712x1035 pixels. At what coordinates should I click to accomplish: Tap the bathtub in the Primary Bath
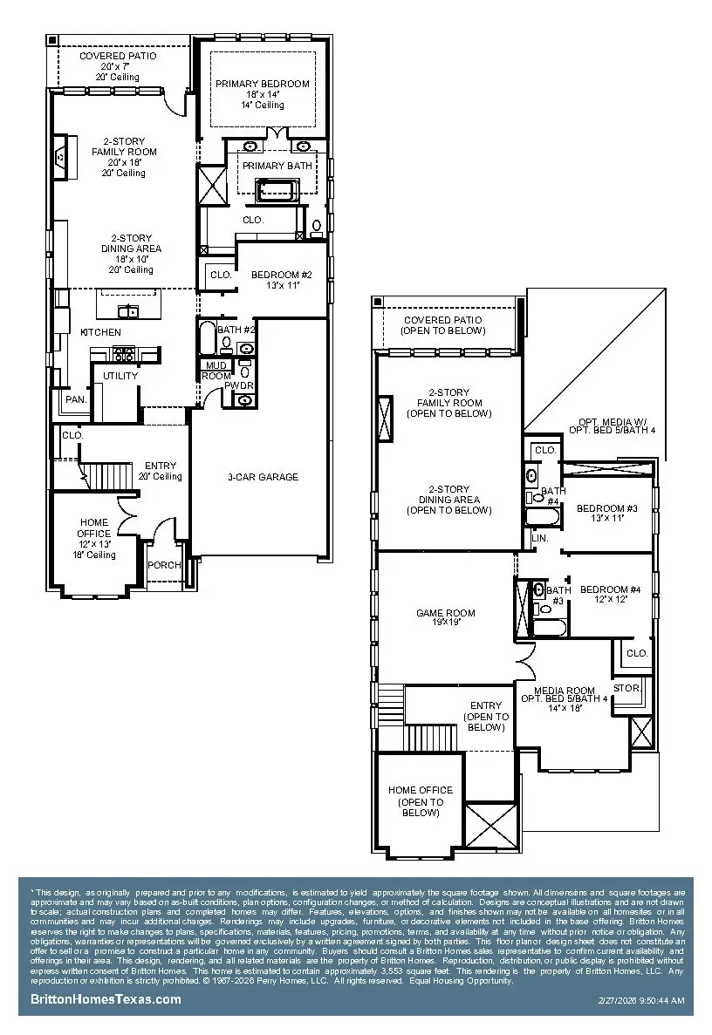click(276, 189)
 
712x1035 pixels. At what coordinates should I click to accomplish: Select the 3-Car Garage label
click(262, 477)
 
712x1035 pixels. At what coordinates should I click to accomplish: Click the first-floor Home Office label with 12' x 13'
click(93, 534)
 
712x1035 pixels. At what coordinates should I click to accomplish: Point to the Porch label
click(164, 565)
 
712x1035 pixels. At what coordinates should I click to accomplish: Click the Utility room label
click(120, 376)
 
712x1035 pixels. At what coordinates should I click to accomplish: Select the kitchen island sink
click(128, 311)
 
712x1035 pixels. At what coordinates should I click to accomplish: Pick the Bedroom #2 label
click(276, 276)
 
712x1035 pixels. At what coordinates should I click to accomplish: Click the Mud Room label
click(216, 371)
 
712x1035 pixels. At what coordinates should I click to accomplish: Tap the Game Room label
click(445, 613)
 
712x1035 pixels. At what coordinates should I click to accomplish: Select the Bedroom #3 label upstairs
click(602, 508)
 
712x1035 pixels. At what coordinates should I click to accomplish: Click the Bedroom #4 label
click(611, 590)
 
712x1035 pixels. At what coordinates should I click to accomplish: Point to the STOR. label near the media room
click(626, 688)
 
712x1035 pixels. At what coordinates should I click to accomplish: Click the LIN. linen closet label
click(539, 538)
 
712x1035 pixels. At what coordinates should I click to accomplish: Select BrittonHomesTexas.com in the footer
click(106, 999)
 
